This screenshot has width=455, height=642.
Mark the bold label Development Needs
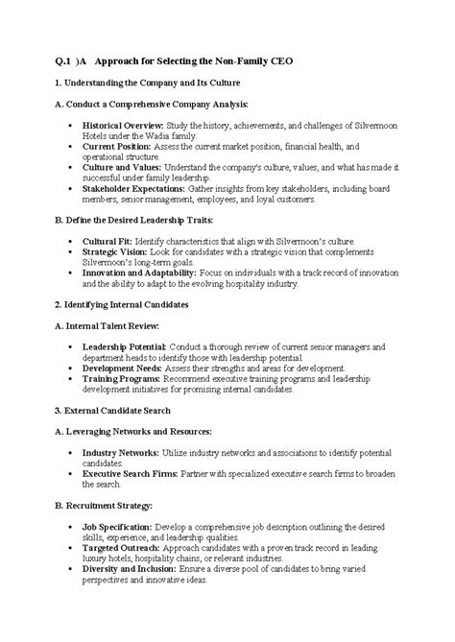(120, 367)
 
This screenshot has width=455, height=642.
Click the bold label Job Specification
(117, 528)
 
